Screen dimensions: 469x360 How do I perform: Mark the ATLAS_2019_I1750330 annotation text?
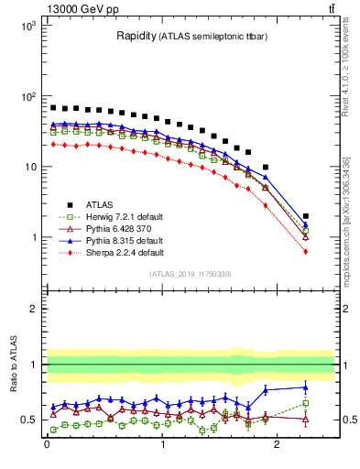click(190, 274)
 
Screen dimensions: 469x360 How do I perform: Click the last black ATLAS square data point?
click(306, 216)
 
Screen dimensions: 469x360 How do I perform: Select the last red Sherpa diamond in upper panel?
click(306, 251)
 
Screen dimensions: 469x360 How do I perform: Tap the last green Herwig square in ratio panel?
click(306, 403)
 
